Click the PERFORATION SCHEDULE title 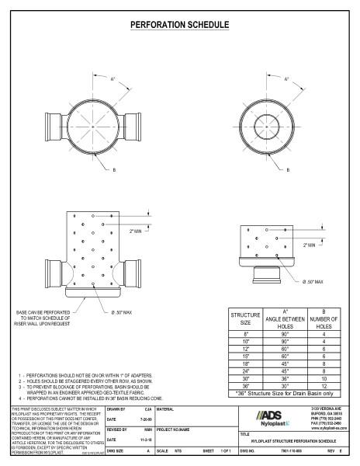click(179, 25)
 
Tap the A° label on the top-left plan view click(113, 79)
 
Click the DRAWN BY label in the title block click(116, 408)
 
